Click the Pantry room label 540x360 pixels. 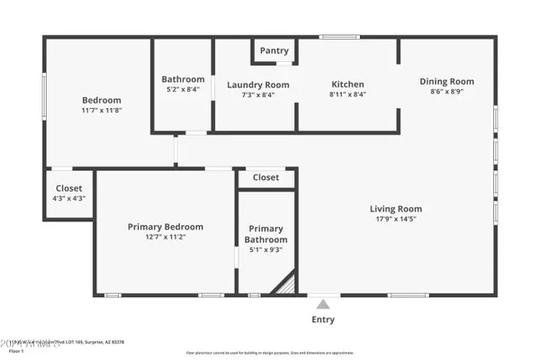(x=274, y=50)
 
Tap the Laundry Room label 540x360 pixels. (x=256, y=85)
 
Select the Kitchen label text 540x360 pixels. (x=346, y=85)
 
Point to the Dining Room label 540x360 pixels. (x=446, y=81)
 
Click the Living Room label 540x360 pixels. (x=396, y=209)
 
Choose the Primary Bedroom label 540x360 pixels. (x=166, y=227)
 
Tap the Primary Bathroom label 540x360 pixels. (x=266, y=234)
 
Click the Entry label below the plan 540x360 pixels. (x=323, y=319)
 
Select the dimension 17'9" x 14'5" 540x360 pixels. (x=396, y=219)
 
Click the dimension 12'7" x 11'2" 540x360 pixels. (x=166, y=238)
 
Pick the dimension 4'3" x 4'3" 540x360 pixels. (x=69, y=198)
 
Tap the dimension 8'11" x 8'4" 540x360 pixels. (x=346, y=94)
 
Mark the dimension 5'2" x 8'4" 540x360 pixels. (x=183, y=89)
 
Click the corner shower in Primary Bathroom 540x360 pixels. (x=286, y=285)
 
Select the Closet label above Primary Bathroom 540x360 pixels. (x=265, y=177)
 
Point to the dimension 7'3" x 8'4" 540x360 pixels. (x=256, y=94)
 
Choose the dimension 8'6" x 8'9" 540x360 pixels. (x=446, y=91)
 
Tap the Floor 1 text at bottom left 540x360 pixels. (x=16, y=351)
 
